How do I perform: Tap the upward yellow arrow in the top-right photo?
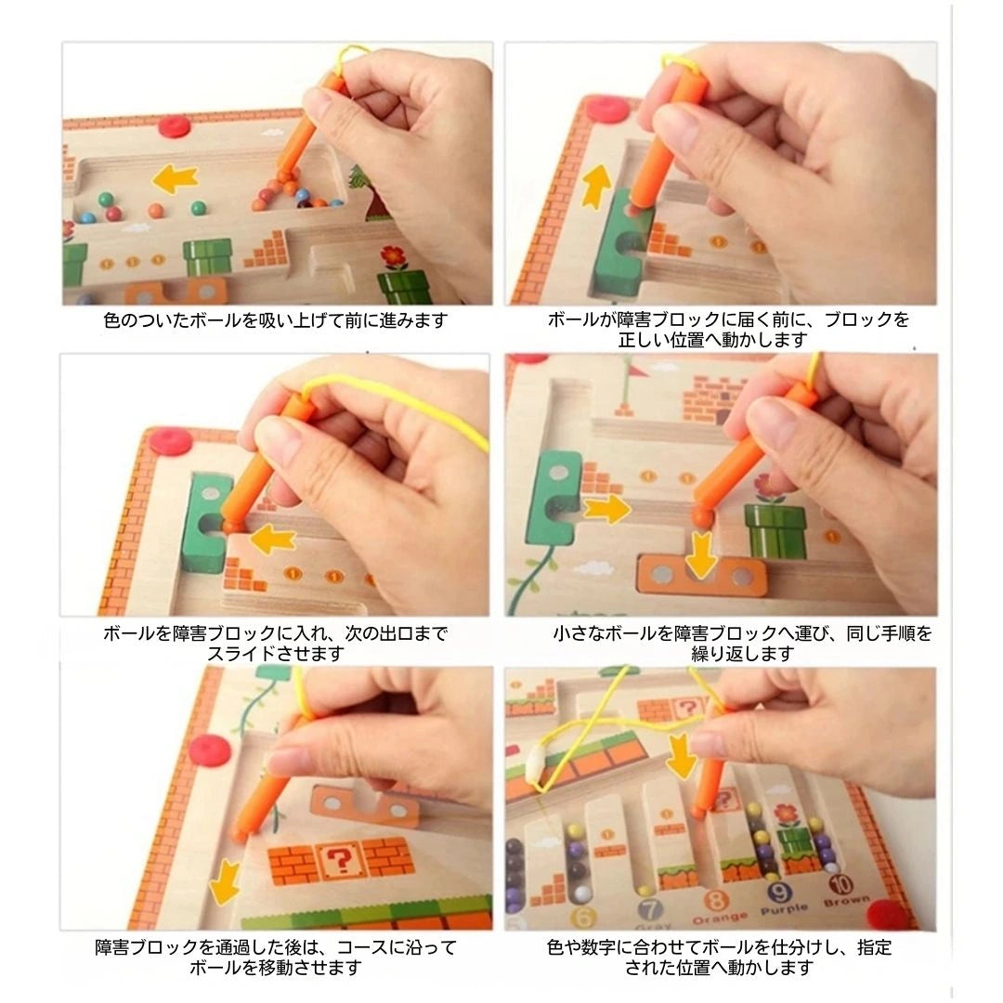point(595,186)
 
